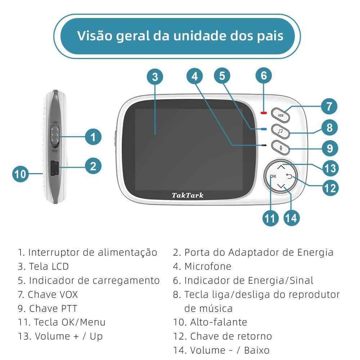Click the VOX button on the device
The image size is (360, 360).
280,115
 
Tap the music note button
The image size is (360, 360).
280,131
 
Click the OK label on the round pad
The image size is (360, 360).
273,176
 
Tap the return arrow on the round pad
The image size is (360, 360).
290,176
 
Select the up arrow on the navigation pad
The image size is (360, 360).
282,167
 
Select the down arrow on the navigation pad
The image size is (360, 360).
282,186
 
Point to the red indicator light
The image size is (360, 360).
264,112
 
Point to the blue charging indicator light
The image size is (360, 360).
264,129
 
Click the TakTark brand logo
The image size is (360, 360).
187,195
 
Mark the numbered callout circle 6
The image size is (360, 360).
264,76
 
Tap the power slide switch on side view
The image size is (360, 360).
55,137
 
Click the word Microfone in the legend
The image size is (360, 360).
208,266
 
